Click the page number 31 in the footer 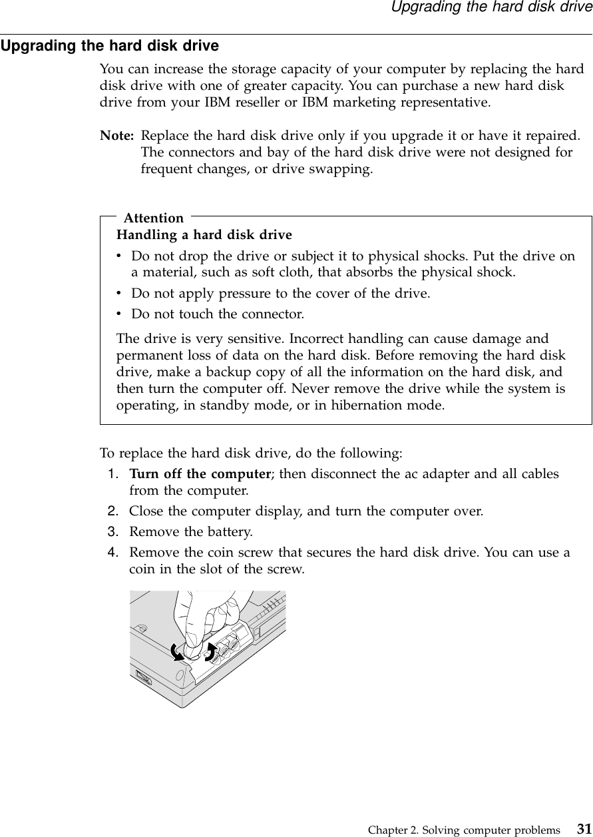pyautogui.click(x=584, y=829)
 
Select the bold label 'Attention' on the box pyautogui.click(x=154, y=218)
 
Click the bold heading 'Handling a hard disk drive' pyautogui.click(x=204, y=235)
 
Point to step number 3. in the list pyautogui.click(x=114, y=532)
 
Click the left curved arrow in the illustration pyautogui.click(x=176, y=651)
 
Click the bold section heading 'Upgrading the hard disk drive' pyautogui.click(x=110, y=47)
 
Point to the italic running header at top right pyautogui.click(x=491, y=8)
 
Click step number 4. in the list pyautogui.click(x=114, y=553)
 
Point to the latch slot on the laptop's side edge pyautogui.click(x=143, y=678)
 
